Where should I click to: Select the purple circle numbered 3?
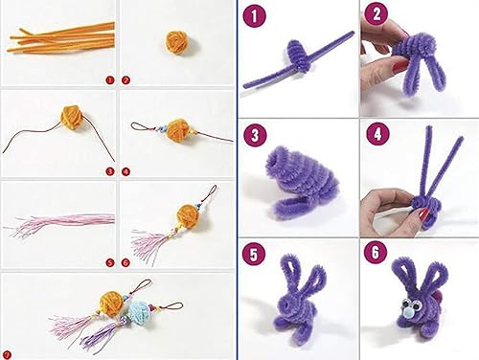click(x=253, y=135)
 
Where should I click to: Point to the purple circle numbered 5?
click(x=253, y=255)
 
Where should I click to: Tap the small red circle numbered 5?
click(x=109, y=262)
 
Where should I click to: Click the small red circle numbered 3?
click(x=109, y=171)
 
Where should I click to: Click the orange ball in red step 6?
click(x=184, y=213)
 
